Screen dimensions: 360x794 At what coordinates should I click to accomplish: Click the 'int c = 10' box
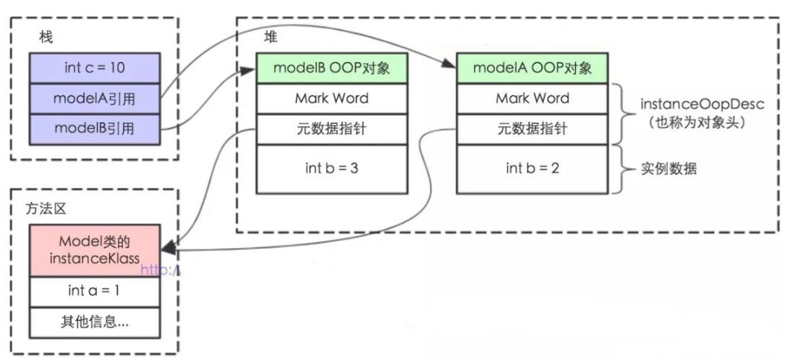(x=94, y=68)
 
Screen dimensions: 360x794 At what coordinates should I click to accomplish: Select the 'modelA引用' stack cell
(x=94, y=99)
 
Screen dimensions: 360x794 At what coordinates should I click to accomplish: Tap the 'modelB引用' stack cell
(x=94, y=129)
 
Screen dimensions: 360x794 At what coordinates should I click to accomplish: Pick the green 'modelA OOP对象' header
(x=532, y=68)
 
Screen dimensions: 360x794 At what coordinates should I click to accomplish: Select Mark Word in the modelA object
(x=532, y=99)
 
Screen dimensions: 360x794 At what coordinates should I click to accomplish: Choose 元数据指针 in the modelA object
(x=532, y=129)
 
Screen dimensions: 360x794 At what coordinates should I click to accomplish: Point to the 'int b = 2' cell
(x=532, y=169)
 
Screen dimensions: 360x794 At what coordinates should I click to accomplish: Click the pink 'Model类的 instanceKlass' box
(x=94, y=250)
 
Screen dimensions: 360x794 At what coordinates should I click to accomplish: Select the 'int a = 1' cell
(x=94, y=290)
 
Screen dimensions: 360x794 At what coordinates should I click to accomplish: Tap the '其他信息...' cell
(x=94, y=321)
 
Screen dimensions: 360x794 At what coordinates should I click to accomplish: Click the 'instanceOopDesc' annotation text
(x=688, y=105)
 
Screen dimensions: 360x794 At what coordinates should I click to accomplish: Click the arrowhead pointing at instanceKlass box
(x=167, y=248)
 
